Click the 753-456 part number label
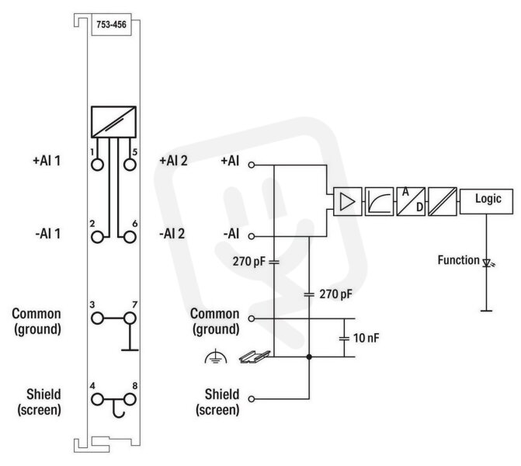[111, 25]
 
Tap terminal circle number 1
[97, 165]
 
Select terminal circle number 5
[130, 165]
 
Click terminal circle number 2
[97, 238]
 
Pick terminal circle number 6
[130, 238]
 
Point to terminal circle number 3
[97, 318]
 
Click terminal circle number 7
[130, 318]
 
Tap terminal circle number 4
[97, 399]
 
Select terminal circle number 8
[130, 399]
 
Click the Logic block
[486, 201]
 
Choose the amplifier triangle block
[348, 201]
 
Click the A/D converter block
[411, 201]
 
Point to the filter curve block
[379, 201]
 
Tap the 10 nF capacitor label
[366, 338]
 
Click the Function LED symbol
[488, 263]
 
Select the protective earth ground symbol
[216, 356]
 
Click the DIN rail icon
[255, 356]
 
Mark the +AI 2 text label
[173, 161]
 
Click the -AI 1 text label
[48, 234]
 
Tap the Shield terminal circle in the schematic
[252, 399]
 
